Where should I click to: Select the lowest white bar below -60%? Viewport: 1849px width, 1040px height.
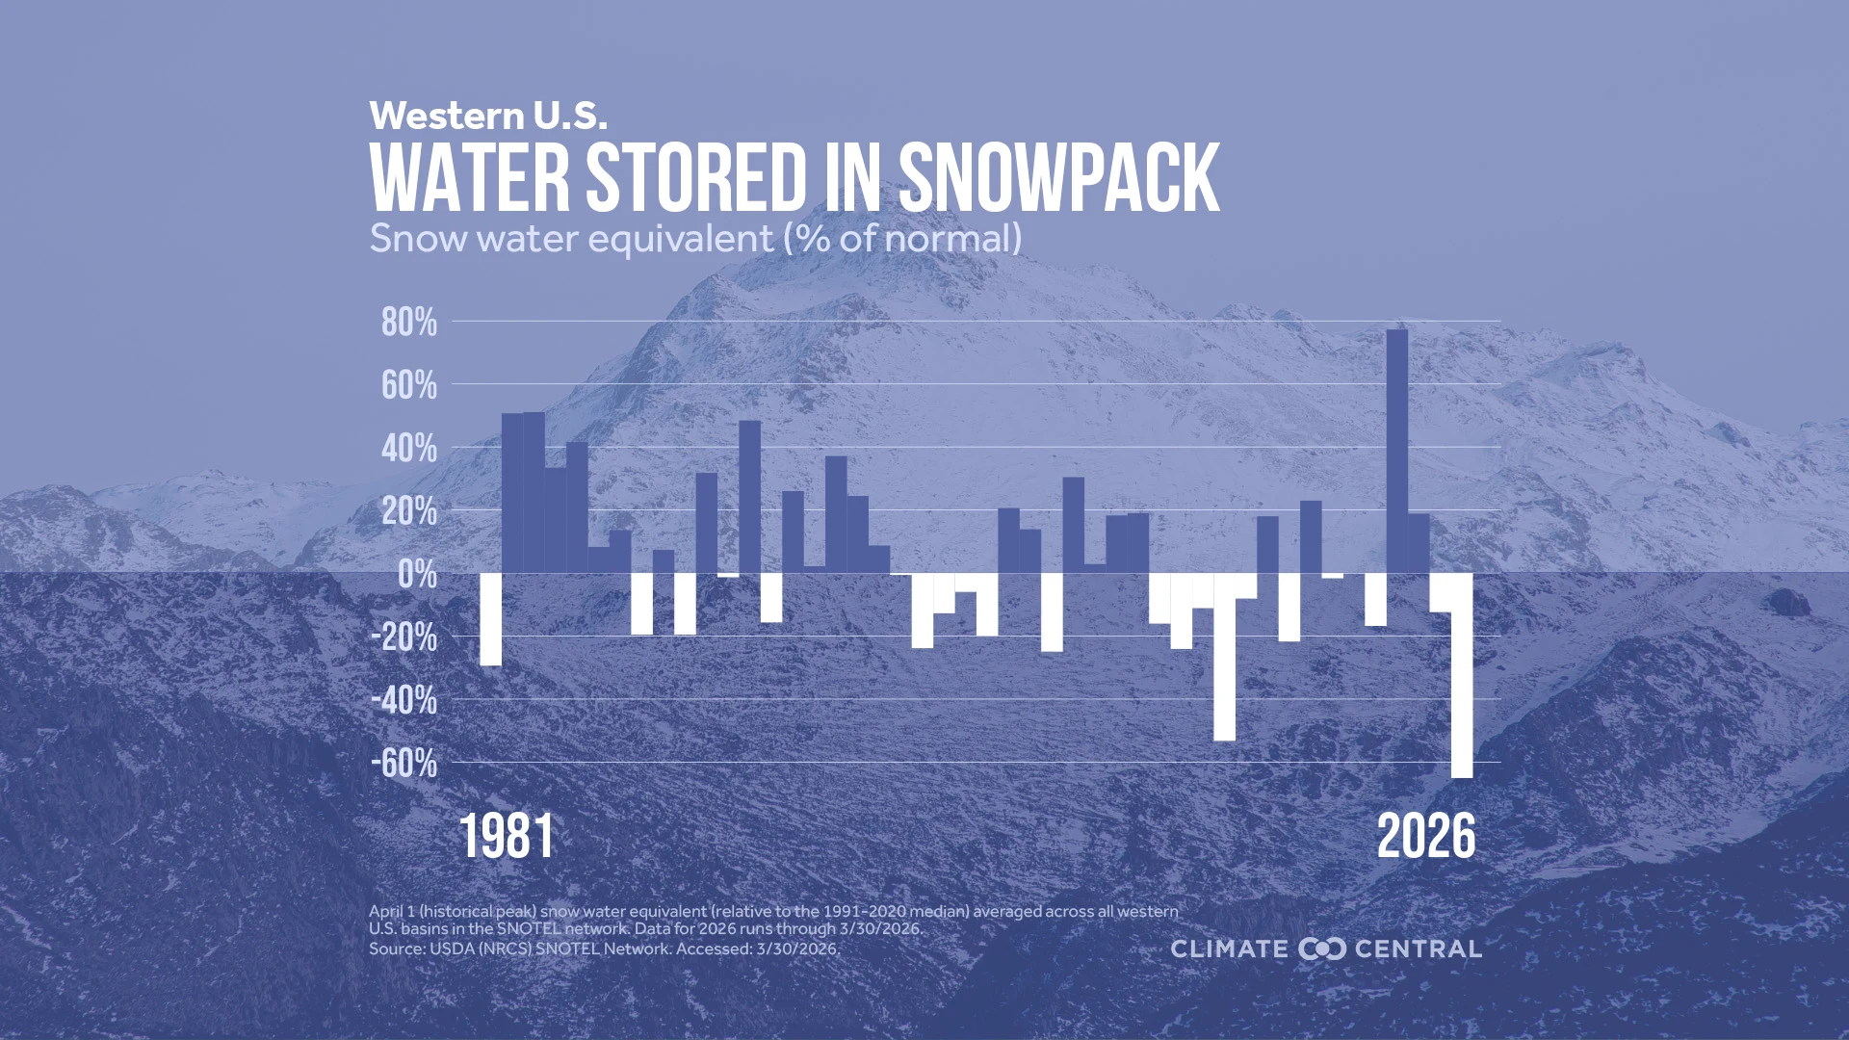[x=1461, y=675]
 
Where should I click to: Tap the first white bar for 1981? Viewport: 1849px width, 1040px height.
[x=490, y=619]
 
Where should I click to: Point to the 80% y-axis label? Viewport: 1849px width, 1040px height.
[x=408, y=323]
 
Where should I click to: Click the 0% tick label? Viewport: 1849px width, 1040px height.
[x=417, y=575]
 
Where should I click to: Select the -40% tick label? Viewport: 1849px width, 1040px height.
[x=404, y=701]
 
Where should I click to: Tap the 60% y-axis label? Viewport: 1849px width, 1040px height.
[x=408, y=386]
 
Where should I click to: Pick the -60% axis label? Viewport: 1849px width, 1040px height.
[x=404, y=765]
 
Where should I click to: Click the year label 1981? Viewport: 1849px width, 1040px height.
[x=507, y=836]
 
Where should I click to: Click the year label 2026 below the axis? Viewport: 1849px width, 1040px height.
[x=1425, y=836]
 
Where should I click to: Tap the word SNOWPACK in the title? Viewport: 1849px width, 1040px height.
[x=1058, y=178]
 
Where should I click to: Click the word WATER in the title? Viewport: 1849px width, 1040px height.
[x=470, y=178]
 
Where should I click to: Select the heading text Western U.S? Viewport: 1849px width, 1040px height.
[x=488, y=116]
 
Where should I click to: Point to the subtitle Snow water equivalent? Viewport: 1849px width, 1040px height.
[x=571, y=239]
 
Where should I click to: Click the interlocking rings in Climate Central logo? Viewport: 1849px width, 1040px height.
[x=1321, y=949]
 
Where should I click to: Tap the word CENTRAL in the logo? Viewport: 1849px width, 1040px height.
[x=1418, y=949]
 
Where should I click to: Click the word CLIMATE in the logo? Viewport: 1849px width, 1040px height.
[x=1229, y=949]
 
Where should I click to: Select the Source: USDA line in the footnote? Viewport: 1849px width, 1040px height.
[x=604, y=949]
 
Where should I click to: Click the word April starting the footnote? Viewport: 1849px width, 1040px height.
[x=385, y=911]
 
